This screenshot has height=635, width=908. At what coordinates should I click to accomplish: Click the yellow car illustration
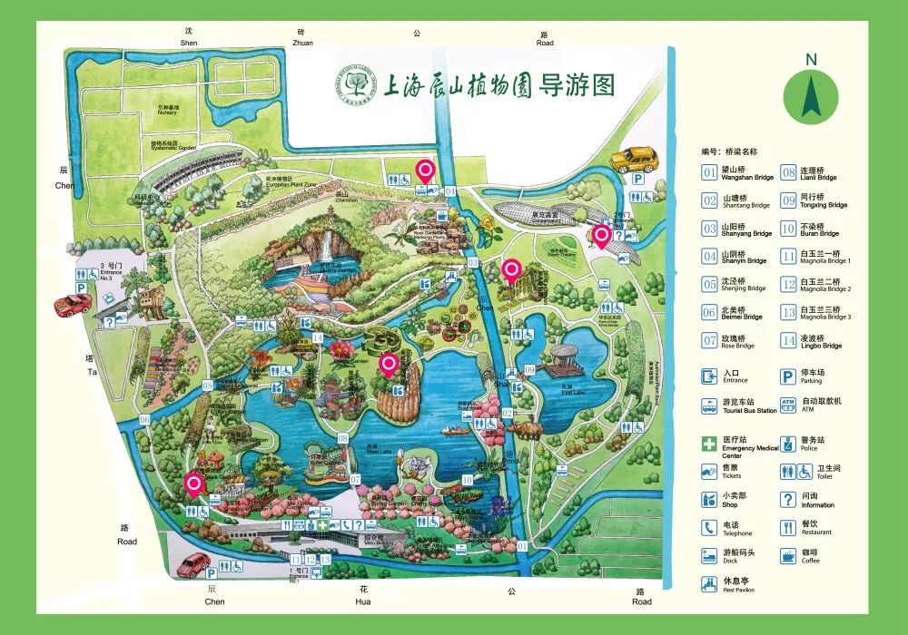[x=633, y=160]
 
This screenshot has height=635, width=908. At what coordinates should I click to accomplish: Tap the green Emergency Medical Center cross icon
[x=708, y=444]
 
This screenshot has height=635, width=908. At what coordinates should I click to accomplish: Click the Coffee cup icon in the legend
[x=787, y=555]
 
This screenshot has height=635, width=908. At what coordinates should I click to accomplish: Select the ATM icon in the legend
[x=787, y=404]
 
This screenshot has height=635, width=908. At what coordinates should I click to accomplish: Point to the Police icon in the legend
[x=787, y=444]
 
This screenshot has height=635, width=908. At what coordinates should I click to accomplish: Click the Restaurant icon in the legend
[x=787, y=528]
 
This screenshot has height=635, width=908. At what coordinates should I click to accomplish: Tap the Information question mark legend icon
[x=787, y=500]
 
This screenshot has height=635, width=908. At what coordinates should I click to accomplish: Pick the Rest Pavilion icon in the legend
[x=708, y=584]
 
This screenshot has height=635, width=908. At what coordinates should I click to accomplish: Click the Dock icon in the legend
[x=708, y=555]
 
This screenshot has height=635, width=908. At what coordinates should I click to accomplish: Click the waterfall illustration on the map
[x=322, y=244]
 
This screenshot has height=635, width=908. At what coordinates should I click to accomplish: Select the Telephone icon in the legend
[x=708, y=528]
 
